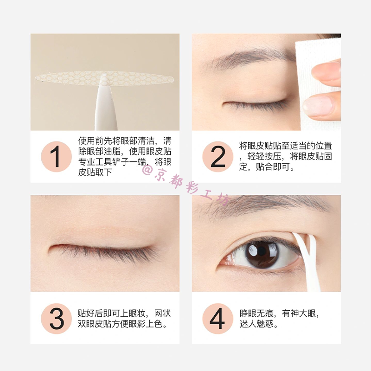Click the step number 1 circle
[56, 157]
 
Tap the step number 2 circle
[217, 157]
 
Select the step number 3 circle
[56, 319]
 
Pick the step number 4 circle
[217, 319]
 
